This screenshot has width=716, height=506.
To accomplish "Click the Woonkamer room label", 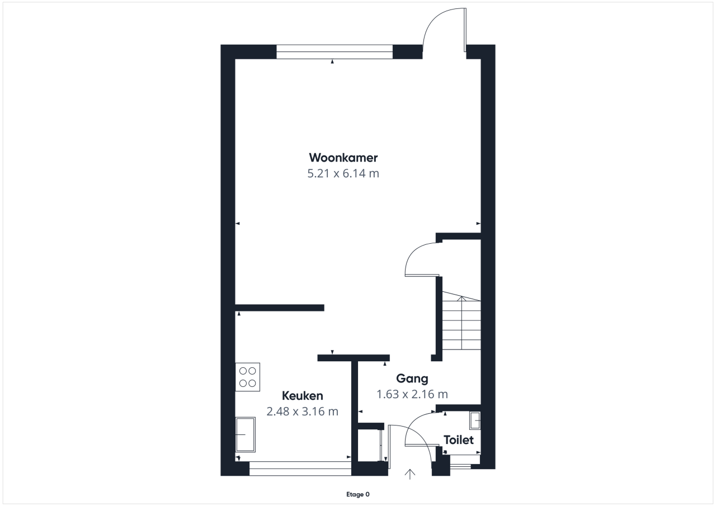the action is click(x=343, y=158).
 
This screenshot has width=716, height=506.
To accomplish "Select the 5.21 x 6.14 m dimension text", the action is click(x=343, y=173).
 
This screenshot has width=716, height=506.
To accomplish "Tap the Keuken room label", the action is click(x=303, y=396).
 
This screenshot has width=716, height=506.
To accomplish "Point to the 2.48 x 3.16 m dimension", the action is click(x=303, y=412).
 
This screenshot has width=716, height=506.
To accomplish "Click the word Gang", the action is click(x=412, y=379).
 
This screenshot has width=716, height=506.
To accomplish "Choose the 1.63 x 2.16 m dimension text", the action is click(x=412, y=394).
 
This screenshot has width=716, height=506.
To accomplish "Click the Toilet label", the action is click(x=459, y=440).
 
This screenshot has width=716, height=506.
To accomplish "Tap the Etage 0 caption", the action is click(x=358, y=494).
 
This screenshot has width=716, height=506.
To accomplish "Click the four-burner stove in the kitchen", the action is click(x=247, y=377).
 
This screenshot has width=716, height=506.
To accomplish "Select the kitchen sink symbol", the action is click(x=245, y=434).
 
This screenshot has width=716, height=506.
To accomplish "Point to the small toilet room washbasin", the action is click(x=475, y=420).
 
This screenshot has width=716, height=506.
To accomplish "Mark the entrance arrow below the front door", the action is click(x=410, y=474).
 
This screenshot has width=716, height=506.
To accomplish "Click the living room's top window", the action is click(x=335, y=52).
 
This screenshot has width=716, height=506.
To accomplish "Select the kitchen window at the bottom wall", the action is click(x=300, y=469).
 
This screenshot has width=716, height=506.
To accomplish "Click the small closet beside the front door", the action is click(x=370, y=445).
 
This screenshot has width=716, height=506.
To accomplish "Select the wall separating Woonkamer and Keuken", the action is click(x=280, y=308).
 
